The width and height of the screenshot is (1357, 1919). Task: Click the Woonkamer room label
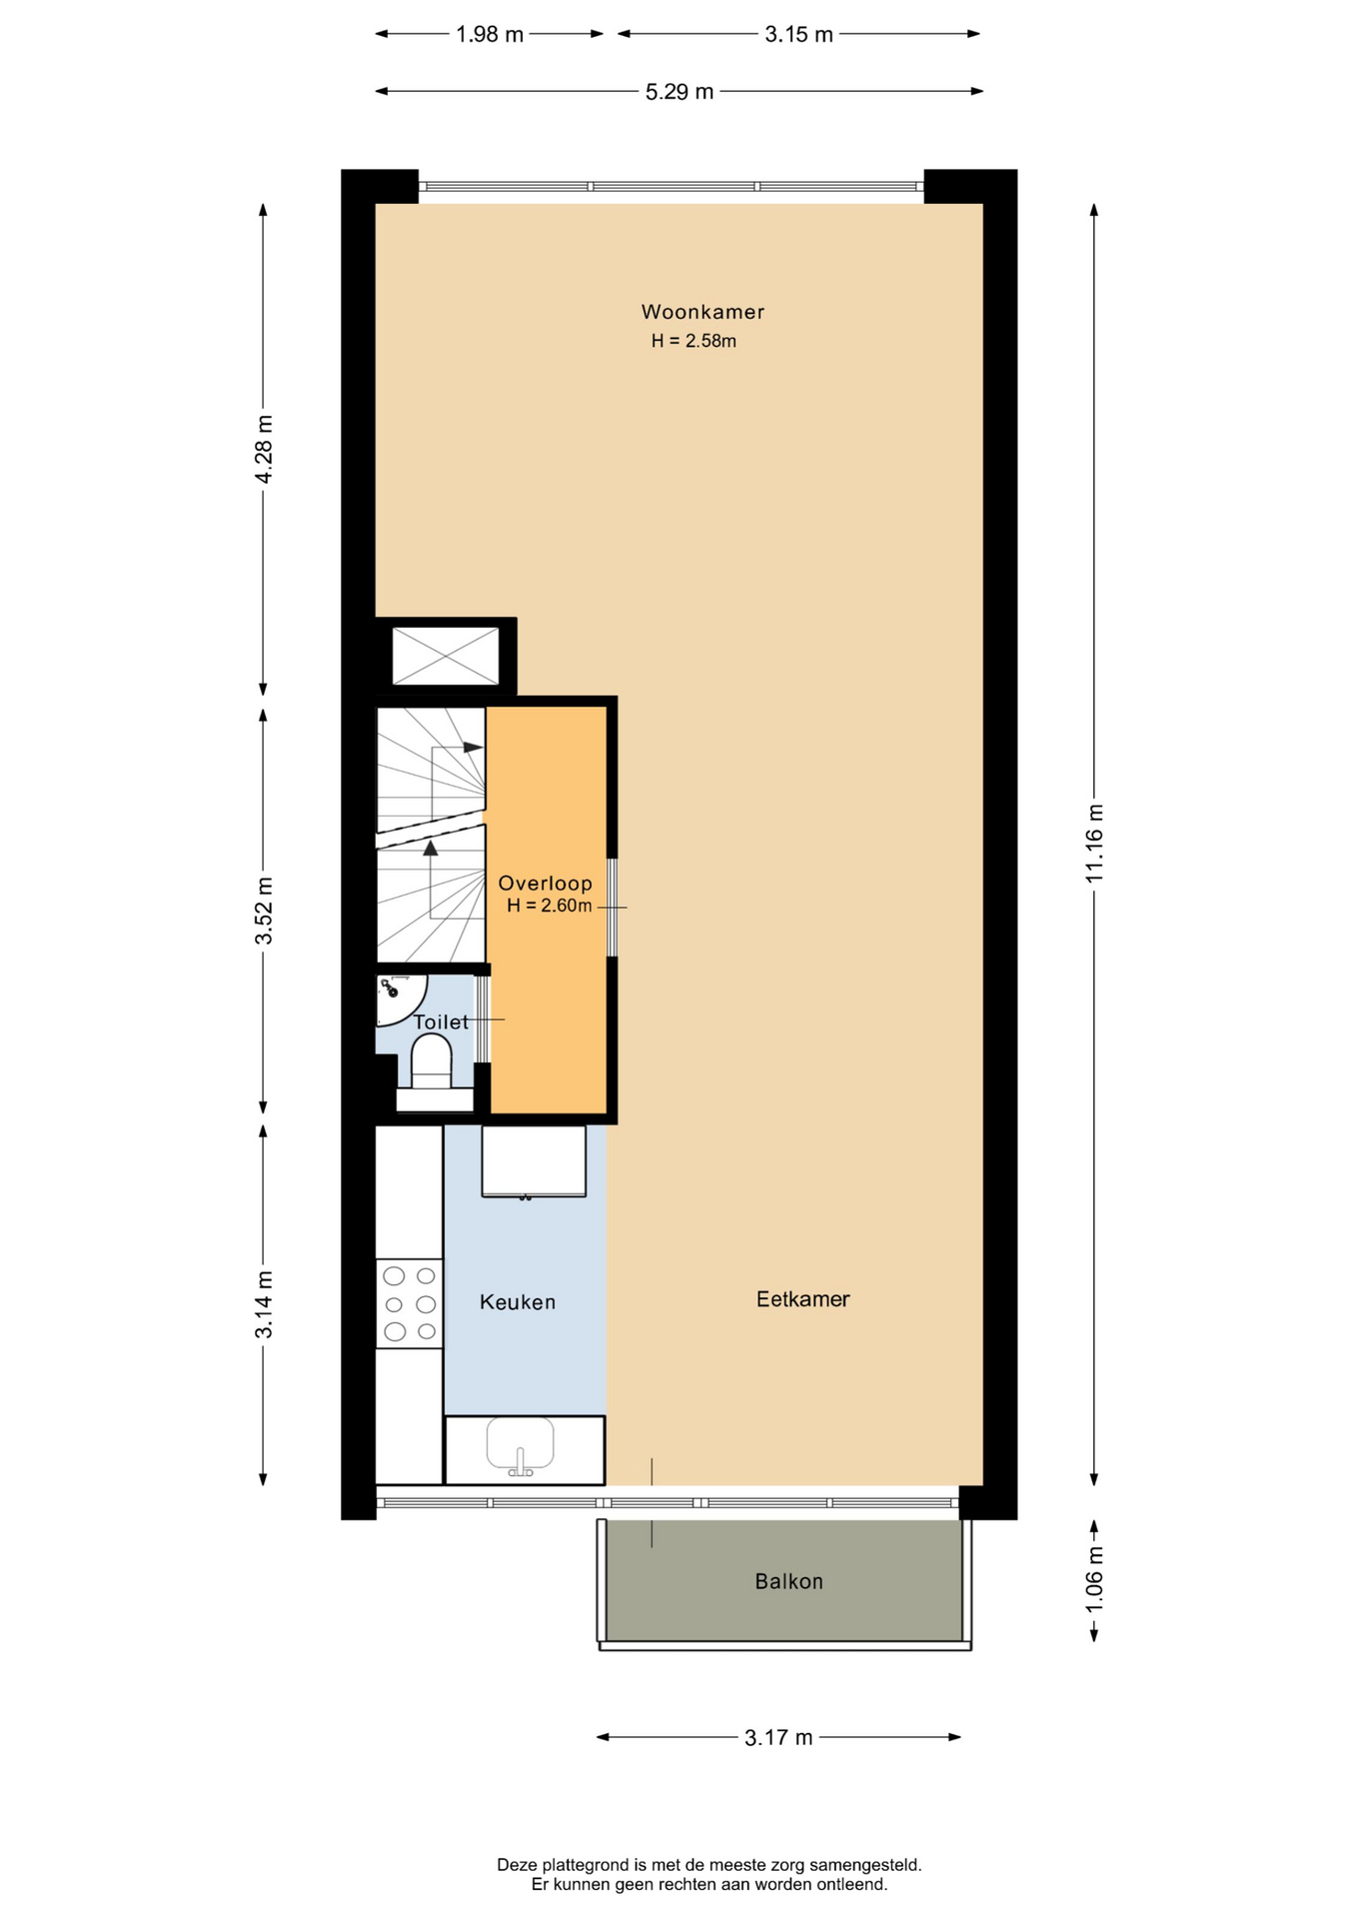pos(702,312)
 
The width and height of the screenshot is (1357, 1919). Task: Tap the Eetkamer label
pos(802,1299)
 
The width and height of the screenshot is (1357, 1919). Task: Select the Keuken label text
pos(518,1302)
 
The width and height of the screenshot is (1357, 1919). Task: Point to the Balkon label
pos(789,1581)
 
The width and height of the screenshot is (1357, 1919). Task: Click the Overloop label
pos(546,884)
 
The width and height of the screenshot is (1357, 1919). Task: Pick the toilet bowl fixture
pos(432,1061)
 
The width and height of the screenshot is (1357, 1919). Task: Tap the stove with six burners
pos(410,1303)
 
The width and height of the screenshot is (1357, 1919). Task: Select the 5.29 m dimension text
pos(679,92)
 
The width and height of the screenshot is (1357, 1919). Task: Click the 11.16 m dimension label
pos(1094,843)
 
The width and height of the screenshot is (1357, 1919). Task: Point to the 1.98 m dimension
pos(490,35)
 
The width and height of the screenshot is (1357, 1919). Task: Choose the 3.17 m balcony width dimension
pos(778,1738)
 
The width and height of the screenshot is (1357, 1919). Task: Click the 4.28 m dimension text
pos(264,449)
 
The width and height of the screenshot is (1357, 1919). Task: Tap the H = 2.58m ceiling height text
pos(693,341)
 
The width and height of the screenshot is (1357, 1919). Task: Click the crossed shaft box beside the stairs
pos(446,656)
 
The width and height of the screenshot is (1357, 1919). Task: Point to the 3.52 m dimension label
pos(264,911)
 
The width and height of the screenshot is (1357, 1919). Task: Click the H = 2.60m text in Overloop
pos(550,907)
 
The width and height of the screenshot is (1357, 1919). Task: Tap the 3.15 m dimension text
pos(799,35)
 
